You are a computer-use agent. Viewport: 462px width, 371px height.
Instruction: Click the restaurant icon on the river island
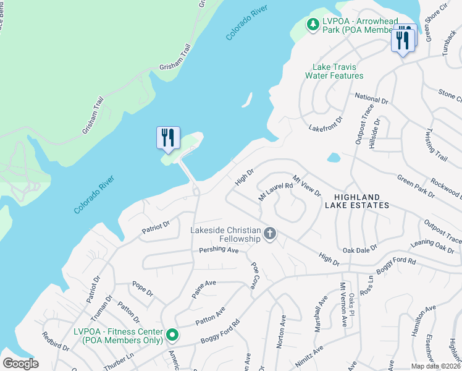point(168,137)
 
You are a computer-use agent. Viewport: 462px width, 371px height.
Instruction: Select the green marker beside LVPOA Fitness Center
point(173,336)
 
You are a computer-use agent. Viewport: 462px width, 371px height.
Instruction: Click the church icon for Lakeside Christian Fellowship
point(269,234)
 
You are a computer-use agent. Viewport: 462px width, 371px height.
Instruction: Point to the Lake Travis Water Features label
point(334,71)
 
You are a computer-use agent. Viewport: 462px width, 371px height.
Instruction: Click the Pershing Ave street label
point(219,250)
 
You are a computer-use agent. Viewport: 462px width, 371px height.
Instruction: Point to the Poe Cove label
point(254,276)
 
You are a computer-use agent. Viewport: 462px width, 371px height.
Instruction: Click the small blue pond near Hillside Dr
point(334,157)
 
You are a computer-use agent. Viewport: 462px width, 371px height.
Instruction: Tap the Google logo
point(20,364)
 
